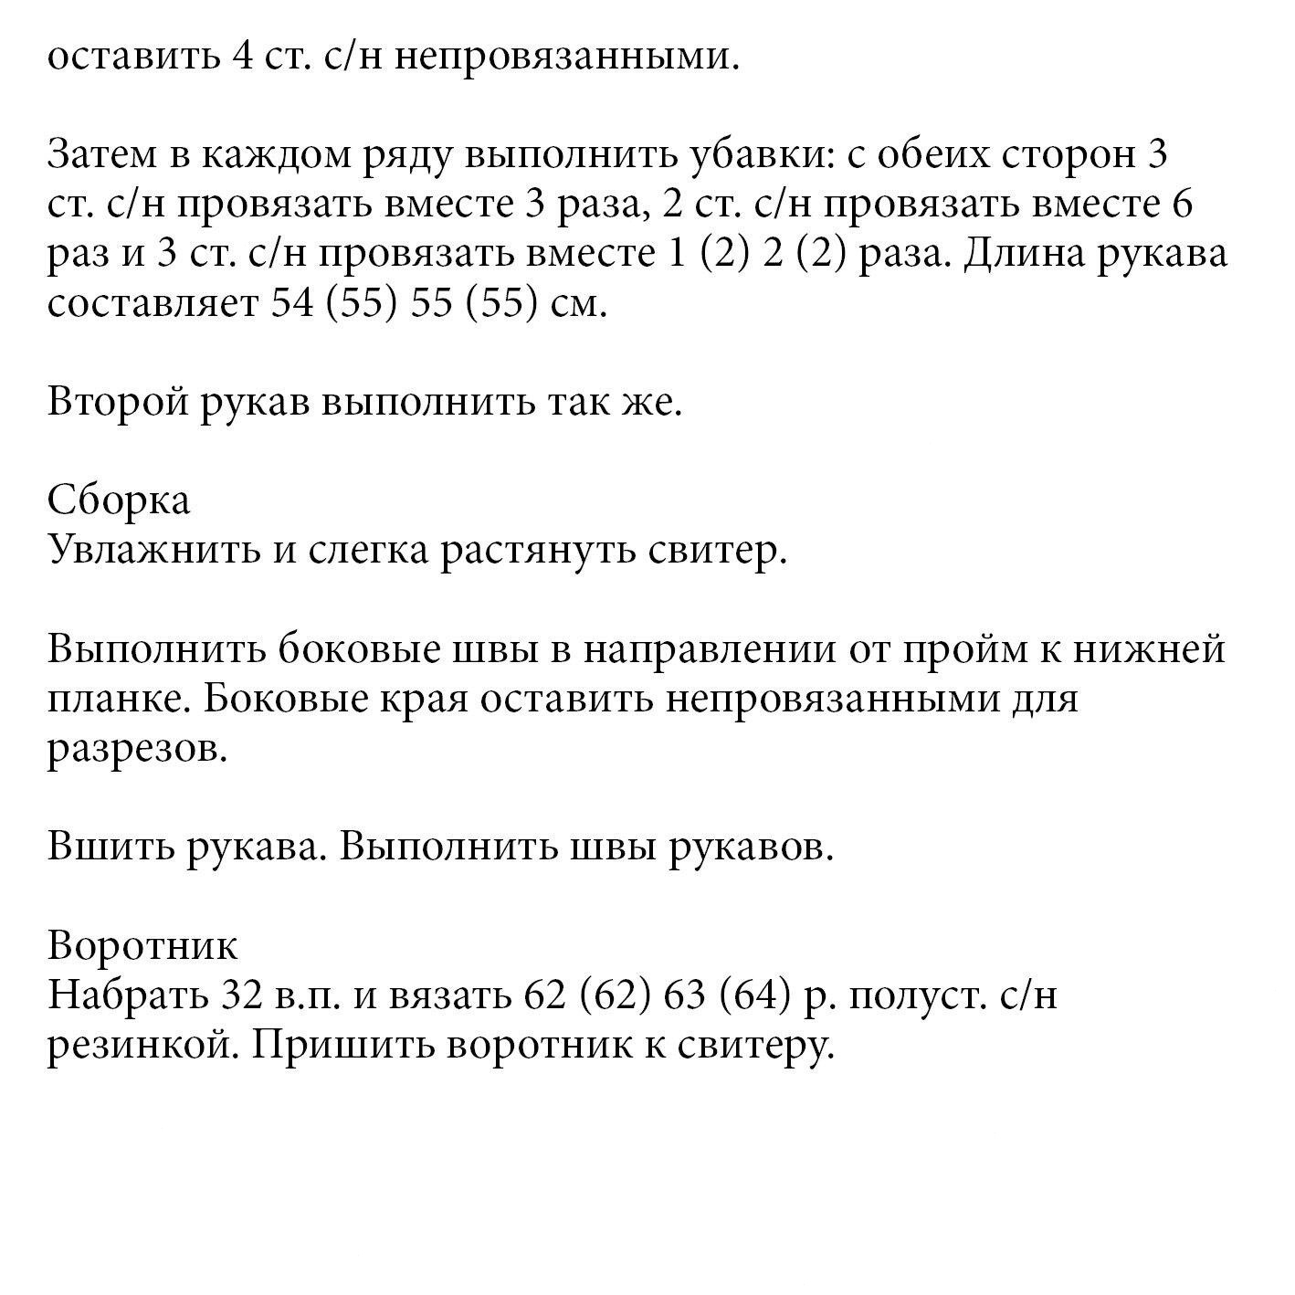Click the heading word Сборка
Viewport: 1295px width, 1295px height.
click(x=119, y=500)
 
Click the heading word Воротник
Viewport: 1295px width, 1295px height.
click(x=142, y=945)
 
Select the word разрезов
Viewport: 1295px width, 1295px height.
click(x=136, y=750)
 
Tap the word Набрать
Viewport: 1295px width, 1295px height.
click(x=125, y=995)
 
